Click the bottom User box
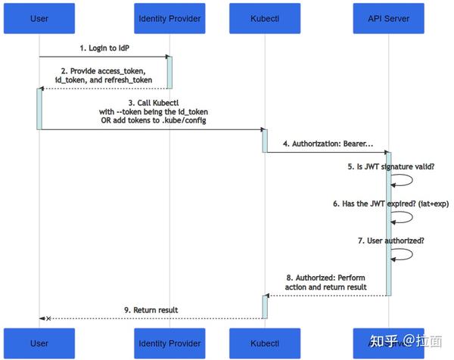tap(39, 343)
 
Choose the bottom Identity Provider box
tap(169, 343)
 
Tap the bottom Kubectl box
tap(265, 343)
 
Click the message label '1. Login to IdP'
tap(104, 48)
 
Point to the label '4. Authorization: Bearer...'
tap(328, 143)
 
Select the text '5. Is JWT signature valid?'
tap(391, 166)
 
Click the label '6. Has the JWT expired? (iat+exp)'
tap(391, 203)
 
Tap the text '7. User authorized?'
tap(391, 240)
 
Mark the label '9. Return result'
tap(151, 309)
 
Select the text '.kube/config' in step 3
tap(181, 120)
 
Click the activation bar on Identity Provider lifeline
tap(169, 72)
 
